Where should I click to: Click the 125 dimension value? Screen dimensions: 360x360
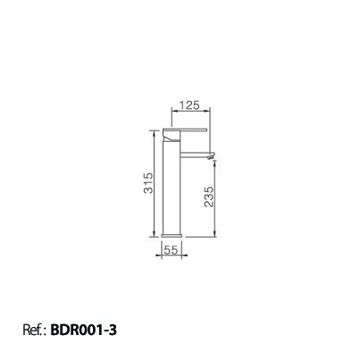(189, 105)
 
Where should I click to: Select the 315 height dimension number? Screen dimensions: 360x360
(148, 183)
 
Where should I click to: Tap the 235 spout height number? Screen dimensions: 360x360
(209, 197)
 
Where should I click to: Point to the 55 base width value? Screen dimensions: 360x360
(171, 250)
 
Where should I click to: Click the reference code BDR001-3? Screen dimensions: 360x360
(84, 330)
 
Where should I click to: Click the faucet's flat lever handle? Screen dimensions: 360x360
(185, 130)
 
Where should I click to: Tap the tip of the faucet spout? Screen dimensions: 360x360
(213, 155)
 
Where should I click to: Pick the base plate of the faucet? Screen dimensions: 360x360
(172, 236)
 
